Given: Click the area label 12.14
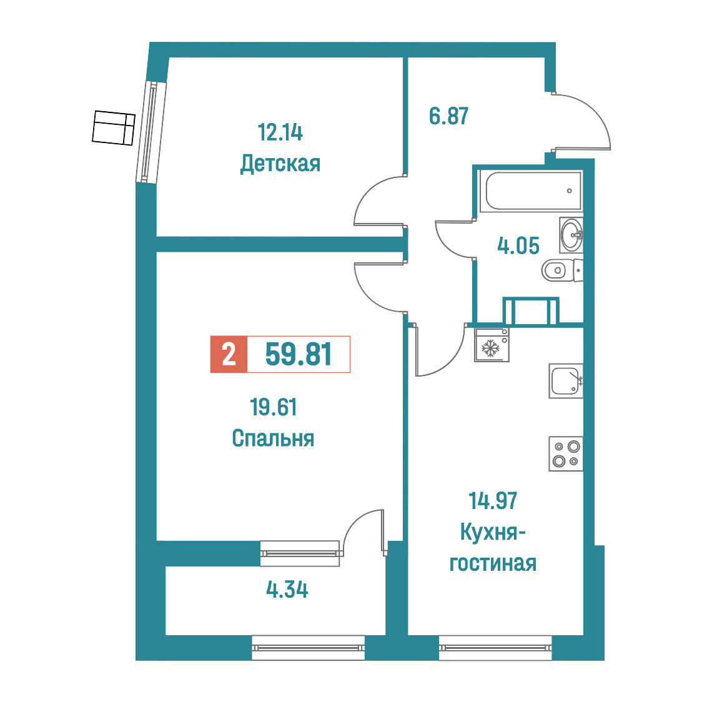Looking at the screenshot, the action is [x=280, y=132].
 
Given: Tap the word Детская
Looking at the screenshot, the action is [x=280, y=164].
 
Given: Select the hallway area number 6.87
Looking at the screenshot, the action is [x=448, y=116].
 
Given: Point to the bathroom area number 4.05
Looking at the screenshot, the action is [x=518, y=246].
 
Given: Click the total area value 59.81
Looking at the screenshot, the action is [x=299, y=354].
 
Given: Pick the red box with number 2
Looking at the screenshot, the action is [x=229, y=354].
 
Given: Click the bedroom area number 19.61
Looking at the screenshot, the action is [x=273, y=407].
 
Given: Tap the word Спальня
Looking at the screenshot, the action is [x=273, y=438].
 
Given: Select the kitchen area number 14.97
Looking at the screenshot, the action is [x=493, y=501].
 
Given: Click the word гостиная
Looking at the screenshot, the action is [x=493, y=563].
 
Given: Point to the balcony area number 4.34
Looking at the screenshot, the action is [x=287, y=590].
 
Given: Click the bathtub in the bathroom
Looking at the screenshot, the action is [x=530, y=190].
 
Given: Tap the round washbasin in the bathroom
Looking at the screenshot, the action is [x=571, y=235].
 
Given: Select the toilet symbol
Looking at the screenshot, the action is [x=562, y=270].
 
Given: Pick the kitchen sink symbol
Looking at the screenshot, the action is [x=566, y=381].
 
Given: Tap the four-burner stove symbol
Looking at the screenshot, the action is [x=566, y=453].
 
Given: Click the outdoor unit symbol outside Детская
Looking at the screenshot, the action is [x=113, y=128].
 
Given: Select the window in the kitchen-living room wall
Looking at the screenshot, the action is [x=495, y=648].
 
